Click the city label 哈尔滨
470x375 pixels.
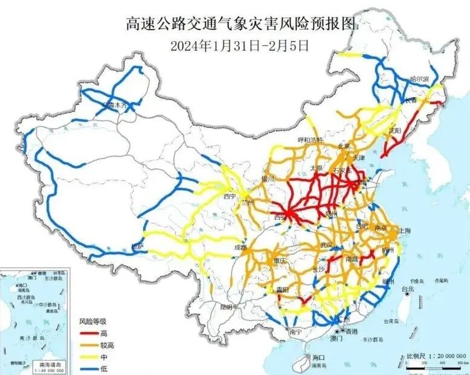(x=419, y=79)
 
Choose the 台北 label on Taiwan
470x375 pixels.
(x=410, y=289)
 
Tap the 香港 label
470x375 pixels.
(x=351, y=333)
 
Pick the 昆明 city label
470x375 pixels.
(x=226, y=307)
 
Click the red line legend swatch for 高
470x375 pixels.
(x=89, y=333)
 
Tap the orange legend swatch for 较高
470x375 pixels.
(x=89, y=345)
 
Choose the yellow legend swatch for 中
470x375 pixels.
(x=89, y=356)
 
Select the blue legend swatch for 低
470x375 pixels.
(x=89, y=368)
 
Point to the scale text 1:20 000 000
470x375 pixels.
(x=437, y=356)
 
